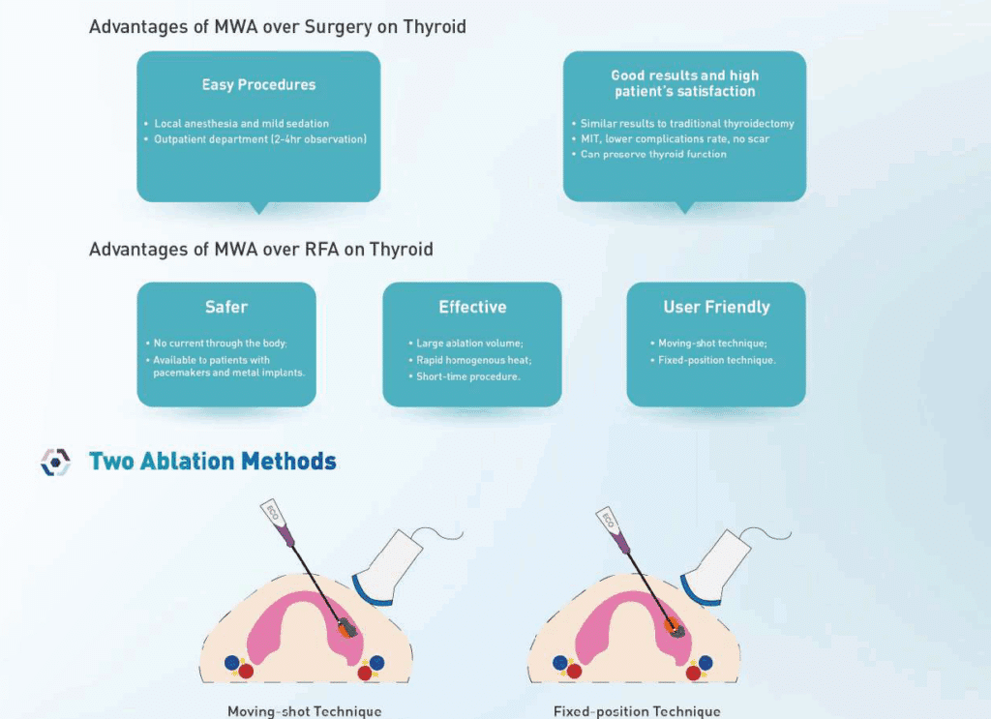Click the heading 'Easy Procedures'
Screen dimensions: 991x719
[258, 84]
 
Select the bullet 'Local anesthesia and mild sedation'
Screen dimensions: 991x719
[241, 124]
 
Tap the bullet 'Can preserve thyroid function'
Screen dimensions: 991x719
[653, 154]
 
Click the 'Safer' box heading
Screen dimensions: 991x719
[226, 307]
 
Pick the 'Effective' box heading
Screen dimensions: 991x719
[472, 307]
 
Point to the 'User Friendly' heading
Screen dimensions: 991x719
[717, 307]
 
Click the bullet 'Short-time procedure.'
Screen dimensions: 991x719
[468, 376]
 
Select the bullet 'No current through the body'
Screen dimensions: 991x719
[220, 344]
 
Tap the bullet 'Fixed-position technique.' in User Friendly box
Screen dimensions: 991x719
[717, 360]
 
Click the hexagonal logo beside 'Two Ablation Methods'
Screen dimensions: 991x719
[55, 462]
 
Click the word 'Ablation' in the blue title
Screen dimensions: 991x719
[188, 462]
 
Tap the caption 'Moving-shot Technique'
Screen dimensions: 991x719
[305, 711]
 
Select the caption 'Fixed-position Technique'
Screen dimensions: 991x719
[637, 711]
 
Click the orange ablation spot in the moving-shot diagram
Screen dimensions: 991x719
[345, 629]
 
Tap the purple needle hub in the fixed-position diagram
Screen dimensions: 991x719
[622, 542]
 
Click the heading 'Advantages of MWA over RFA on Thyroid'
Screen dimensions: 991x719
[261, 250]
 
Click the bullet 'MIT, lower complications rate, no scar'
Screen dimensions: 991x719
[675, 139]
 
